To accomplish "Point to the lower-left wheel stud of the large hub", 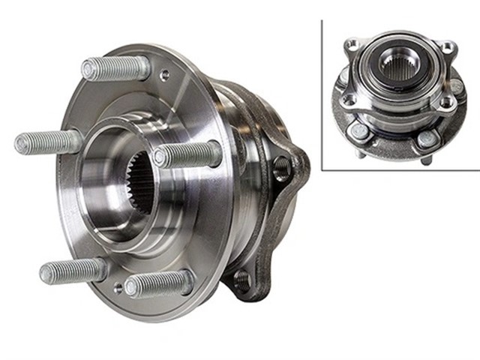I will [x=72, y=269].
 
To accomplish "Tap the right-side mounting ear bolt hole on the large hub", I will [x=282, y=169].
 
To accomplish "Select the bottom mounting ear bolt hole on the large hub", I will [x=241, y=279].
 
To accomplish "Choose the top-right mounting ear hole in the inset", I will [x=448, y=48].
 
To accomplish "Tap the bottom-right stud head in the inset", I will [x=425, y=137].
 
